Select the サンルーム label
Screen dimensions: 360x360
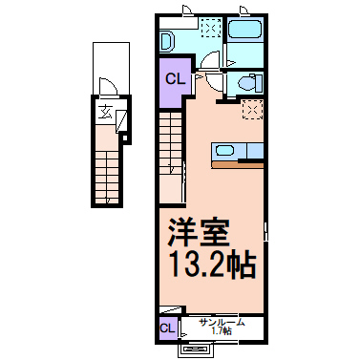(x=222, y=323)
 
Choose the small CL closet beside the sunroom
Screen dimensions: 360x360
(x=167, y=329)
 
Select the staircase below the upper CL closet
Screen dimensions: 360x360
(x=170, y=143)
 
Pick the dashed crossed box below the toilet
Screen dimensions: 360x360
(x=252, y=109)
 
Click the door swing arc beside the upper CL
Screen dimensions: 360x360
(x=205, y=69)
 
